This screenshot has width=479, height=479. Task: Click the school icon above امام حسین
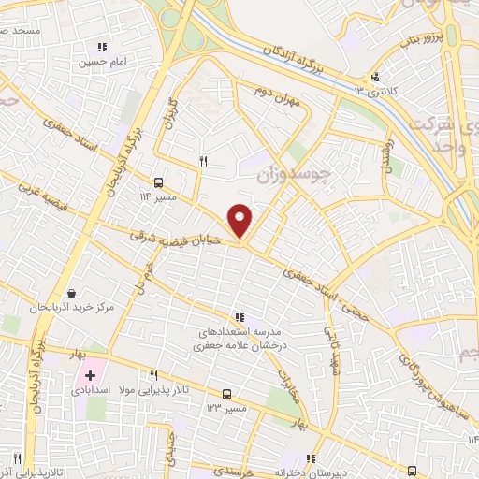(x=102, y=46)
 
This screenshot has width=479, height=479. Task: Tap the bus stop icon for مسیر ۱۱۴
(x=158, y=182)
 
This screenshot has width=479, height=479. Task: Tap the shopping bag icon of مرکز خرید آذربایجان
(x=72, y=293)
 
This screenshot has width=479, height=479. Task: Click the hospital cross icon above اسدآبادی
(x=91, y=375)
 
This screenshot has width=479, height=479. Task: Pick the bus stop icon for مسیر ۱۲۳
(x=226, y=394)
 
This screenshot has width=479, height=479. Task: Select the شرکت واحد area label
(x=447, y=130)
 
